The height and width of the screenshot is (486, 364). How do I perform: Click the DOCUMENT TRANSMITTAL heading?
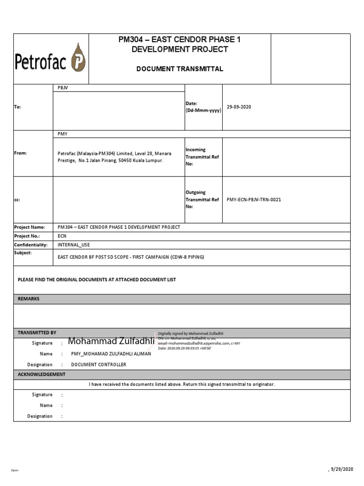[x=180, y=69]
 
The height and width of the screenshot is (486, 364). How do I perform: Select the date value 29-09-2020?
[x=239, y=107]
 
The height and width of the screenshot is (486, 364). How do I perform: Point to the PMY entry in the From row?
[x=62, y=134]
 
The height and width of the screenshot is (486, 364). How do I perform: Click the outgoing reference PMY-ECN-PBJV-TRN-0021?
[x=254, y=199]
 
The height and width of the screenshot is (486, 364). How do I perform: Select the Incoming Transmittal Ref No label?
[x=202, y=157]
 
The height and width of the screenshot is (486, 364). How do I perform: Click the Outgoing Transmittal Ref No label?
[x=202, y=199]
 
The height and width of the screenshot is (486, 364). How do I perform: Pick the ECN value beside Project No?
[x=62, y=236]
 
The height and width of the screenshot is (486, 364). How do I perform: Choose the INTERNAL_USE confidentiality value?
[x=73, y=245]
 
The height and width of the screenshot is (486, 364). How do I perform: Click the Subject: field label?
[x=23, y=253]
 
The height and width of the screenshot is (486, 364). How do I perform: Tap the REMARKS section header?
[x=28, y=299]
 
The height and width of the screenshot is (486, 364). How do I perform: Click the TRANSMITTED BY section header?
[x=37, y=333]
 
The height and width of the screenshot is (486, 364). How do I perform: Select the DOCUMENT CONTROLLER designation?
[x=99, y=364]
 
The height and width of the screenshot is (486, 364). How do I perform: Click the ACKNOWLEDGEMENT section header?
[x=42, y=374]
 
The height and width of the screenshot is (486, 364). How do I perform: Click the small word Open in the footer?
[x=14, y=470]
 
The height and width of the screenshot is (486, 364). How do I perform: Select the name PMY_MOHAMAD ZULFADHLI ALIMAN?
[x=111, y=354]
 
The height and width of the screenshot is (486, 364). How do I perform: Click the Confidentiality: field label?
[x=31, y=245]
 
